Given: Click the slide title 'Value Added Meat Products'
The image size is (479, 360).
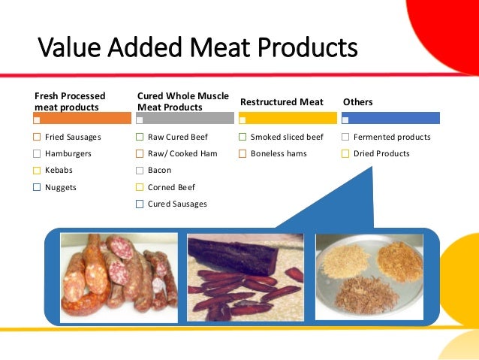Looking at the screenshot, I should pyautogui.click(x=197, y=50).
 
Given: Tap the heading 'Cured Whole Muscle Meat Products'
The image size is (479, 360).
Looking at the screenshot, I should pyautogui.click(x=183, y=101).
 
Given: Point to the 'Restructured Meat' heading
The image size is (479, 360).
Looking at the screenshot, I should pyautogui.click(x=282, y=102).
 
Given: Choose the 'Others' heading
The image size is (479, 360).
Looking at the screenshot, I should pyautogui.click(x=357, y=102).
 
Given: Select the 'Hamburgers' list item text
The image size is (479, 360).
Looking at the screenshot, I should pyautogui.click(x=68, y=154).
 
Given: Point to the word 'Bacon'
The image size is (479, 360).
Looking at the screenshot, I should pyautogui.click(x=159, y=171).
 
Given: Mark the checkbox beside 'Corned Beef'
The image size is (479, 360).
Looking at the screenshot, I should pyautogui.click(x=140, y=187).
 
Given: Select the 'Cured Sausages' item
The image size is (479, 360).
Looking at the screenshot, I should pyautogui.click(x=177, y=204).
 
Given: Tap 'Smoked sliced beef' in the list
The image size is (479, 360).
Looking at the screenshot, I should pyautogui.click(x=287, y=138).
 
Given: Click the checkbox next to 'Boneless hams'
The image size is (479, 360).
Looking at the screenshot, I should pyautogui.click(x=243, y=154).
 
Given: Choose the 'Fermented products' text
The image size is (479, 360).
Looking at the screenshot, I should pyautogui.click(x=392, y=138).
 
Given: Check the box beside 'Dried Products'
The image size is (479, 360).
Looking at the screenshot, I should pyautogui.click(x=345, y=154).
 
